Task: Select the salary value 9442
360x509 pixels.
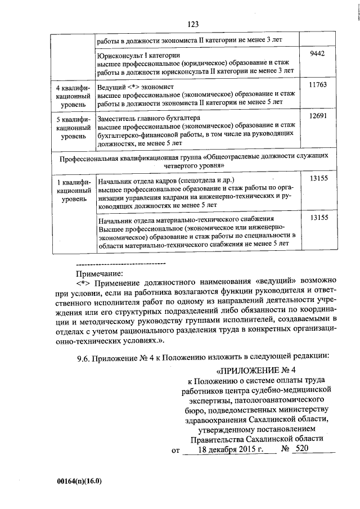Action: (318, 53)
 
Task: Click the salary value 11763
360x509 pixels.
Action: (318, 84)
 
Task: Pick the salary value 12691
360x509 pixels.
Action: (318, 116)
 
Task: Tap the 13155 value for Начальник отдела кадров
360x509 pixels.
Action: (318, 179)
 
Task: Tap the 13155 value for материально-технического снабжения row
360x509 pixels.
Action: (318, 217)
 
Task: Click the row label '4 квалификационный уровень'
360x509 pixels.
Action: (71, 97)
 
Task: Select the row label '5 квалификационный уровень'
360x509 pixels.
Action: (71, 128)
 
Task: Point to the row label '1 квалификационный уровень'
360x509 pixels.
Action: (71, 191)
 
